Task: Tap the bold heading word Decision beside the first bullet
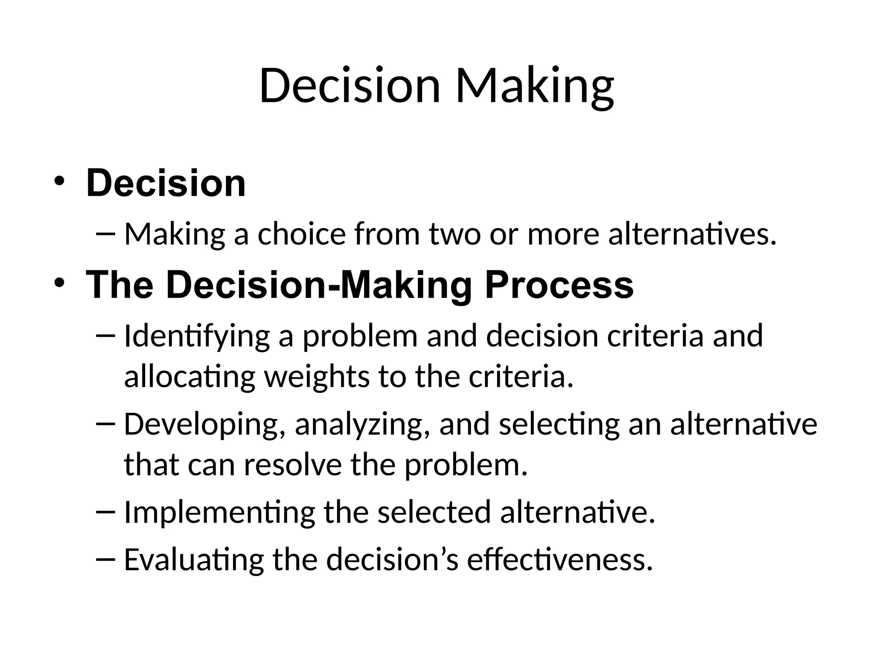tap(166, 183)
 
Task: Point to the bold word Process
tap(559, 285)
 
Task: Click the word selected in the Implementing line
tap(434, 512)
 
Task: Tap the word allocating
tap(189, 377)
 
